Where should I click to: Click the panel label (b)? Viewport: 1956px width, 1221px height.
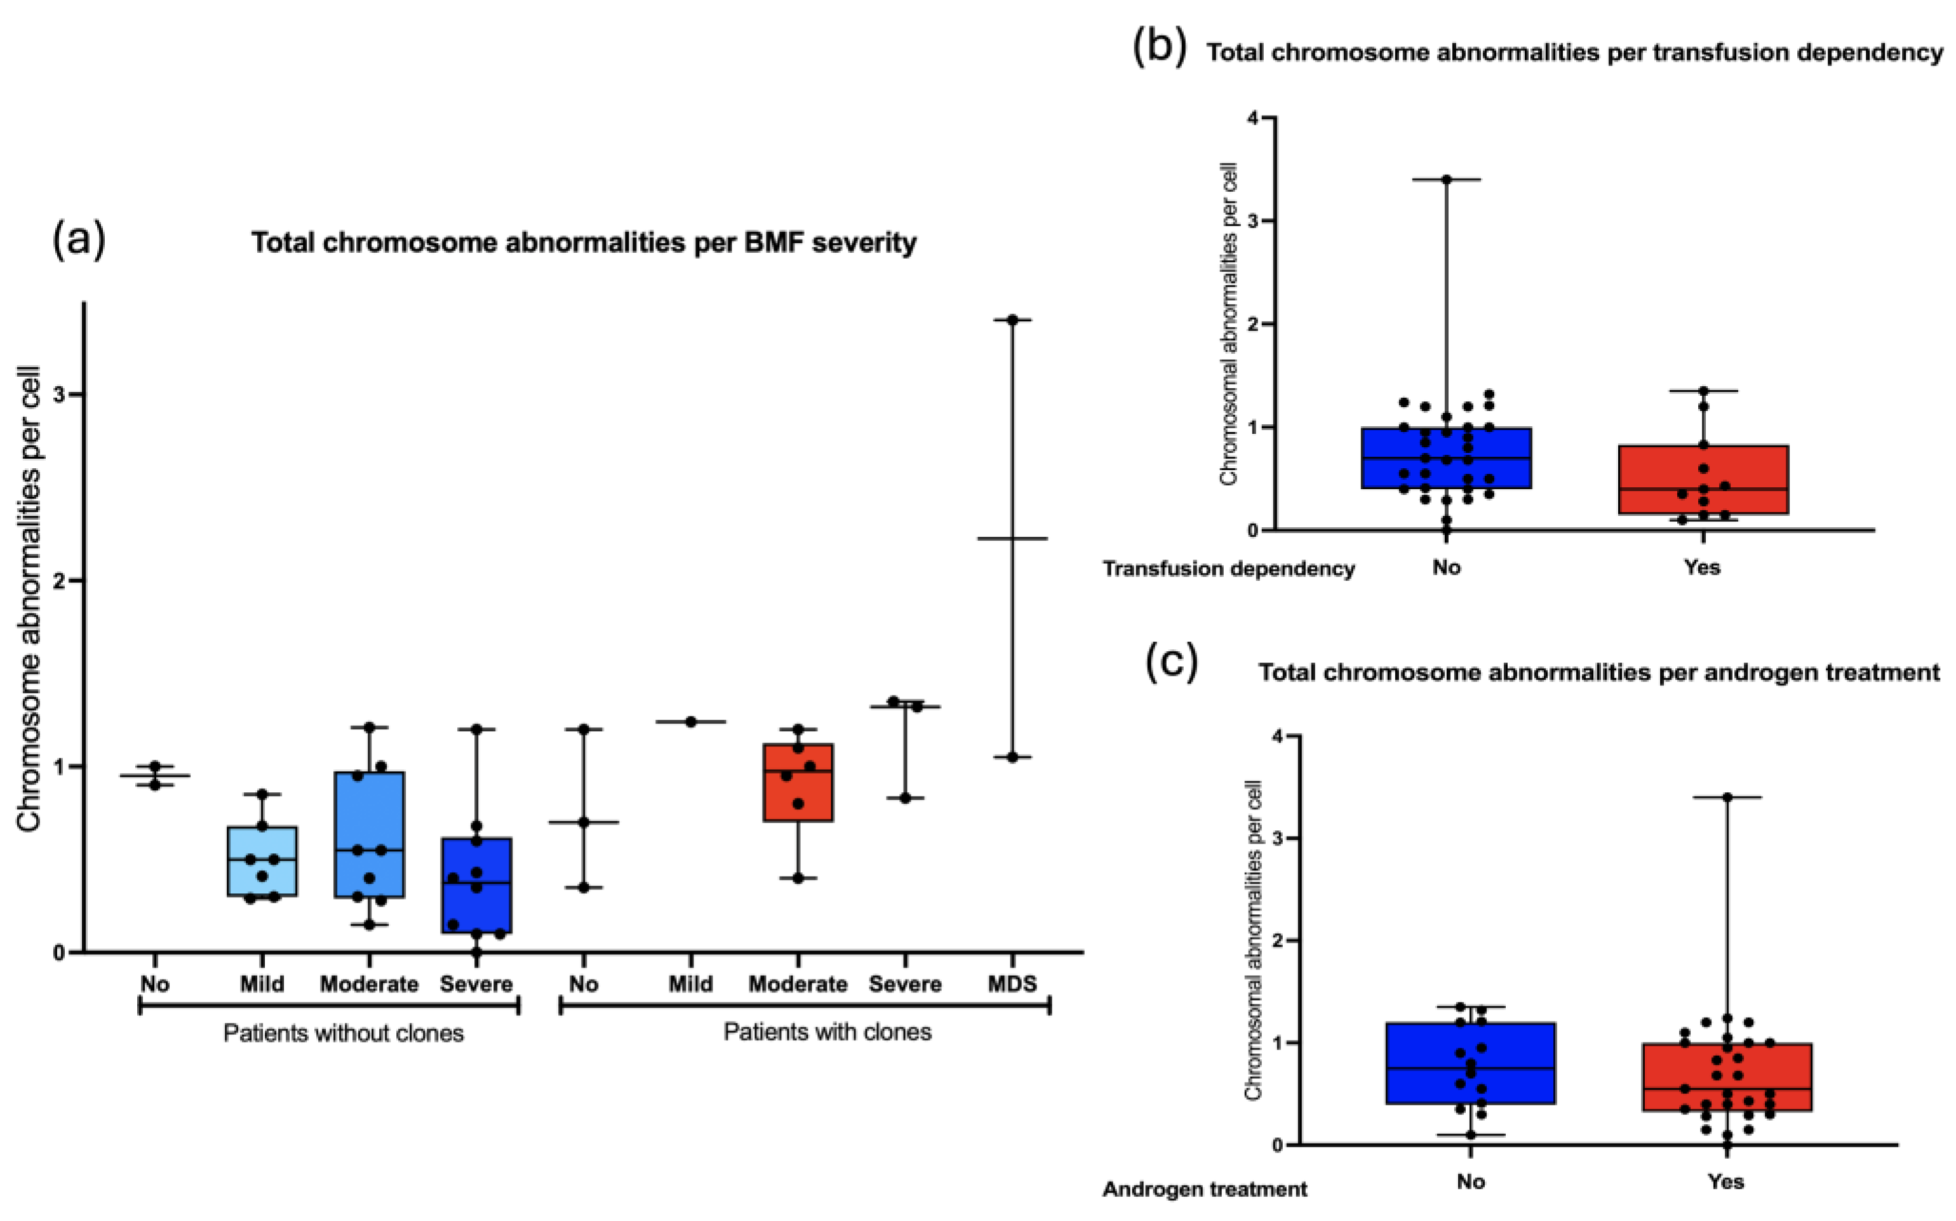[x=1159, y=47]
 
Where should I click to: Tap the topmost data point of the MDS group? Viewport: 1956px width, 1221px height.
[x=1012, y=320]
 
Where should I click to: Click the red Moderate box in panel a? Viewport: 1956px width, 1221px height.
[x=798, y=781]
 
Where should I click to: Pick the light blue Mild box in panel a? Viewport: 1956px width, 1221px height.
[x=262, y=861]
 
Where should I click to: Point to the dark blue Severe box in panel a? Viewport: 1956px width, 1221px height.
[x=476, y=885]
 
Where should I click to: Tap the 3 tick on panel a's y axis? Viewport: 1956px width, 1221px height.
[x=58, y=395]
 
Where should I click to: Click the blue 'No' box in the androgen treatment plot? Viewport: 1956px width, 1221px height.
[x=1470, y=1063]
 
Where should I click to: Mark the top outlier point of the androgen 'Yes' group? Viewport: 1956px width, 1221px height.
[x=1727, y=797]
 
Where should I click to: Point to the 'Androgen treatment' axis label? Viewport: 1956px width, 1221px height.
[x=1205, y=1189]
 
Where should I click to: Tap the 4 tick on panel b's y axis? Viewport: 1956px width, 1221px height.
[x=1252, y=118]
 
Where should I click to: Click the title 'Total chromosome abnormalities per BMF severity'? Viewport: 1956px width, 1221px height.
[x=583, y=242]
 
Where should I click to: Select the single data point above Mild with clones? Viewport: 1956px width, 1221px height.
[x=691, y=721]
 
